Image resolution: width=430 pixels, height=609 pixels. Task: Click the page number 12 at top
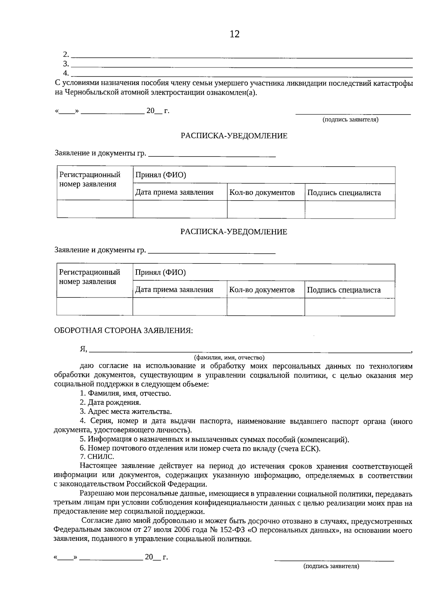click(234, 34)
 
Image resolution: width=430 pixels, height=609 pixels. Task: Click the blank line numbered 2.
click(242, 57)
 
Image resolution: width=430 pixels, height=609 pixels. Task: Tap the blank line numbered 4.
click(242, 76)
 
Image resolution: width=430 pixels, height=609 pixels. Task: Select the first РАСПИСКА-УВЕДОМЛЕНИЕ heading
click(234, 136)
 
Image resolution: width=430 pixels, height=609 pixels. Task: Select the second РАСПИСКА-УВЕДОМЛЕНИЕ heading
click(234, 232)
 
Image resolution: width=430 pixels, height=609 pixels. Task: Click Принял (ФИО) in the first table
click(161, 175)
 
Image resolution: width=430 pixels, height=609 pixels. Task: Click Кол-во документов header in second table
click(262, 290)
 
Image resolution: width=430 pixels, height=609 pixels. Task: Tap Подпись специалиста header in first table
click(344, 193)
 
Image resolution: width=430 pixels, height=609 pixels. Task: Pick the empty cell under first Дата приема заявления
click(180, 209)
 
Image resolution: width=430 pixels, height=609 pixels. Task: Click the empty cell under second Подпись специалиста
click(349, 307)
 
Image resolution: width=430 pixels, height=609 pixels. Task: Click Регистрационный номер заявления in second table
click(90, 277)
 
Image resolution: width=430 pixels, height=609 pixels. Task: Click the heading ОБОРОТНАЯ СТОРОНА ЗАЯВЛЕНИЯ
click(123, 331)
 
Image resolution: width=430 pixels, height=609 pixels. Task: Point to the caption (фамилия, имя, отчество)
click(229, 357)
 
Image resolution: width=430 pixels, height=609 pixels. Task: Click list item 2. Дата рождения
click(110, 402)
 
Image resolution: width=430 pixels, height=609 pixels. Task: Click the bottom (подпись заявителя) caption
click(331, 566)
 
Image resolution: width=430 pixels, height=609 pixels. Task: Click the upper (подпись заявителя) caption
click(350, 120)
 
